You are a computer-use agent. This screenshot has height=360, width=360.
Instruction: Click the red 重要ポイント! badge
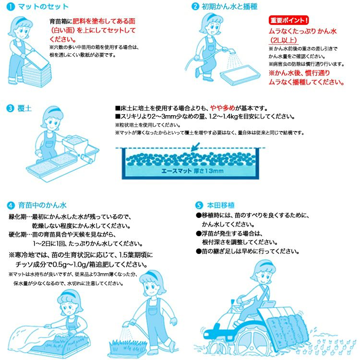289,21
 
